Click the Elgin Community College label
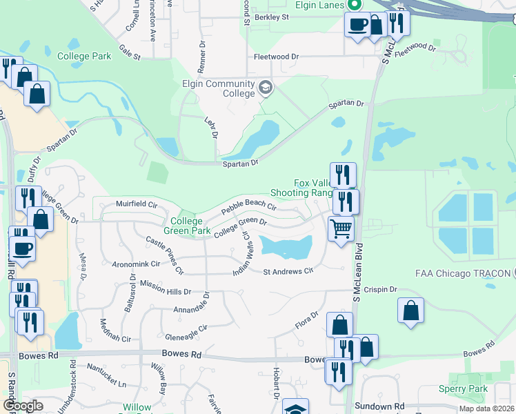coord(219,89)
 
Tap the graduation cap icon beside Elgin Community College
coord(266,88)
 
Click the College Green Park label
coord(186,226)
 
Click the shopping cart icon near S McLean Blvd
coord(341,228)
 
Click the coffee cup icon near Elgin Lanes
coord(357,26)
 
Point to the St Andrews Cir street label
coord(288,270)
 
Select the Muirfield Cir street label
coord(137,204)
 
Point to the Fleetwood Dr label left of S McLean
coord(276,57)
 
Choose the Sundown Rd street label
coord(379,407)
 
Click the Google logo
coord(23,406)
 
